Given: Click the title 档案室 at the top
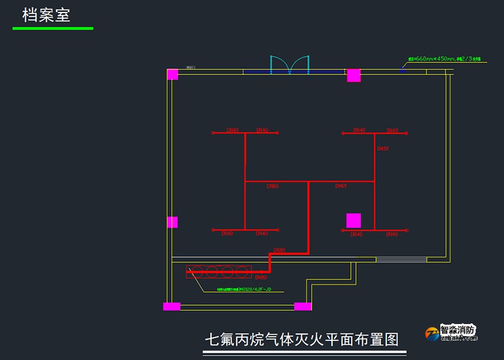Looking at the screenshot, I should pos(46,15).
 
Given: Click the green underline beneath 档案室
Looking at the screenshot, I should pos(53,28).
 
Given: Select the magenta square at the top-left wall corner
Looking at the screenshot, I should pos(173,74).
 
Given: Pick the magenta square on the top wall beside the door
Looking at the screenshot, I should pos(353,75).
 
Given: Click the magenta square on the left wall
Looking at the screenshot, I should pos(173,222).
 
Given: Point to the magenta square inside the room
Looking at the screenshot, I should pos(353,221).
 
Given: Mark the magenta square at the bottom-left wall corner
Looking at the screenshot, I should pos(171,306).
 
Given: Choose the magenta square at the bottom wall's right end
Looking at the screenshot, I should pos(302,306).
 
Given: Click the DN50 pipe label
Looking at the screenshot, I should pos(383,149).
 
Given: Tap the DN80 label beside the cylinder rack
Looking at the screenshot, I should pos(260,277).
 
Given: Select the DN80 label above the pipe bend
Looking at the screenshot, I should pos(279,250).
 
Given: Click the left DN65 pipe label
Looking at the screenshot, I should pos(272,186).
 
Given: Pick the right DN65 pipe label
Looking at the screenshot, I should pos(341,186).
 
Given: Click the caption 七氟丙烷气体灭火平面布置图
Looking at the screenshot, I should pos(302,339).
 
